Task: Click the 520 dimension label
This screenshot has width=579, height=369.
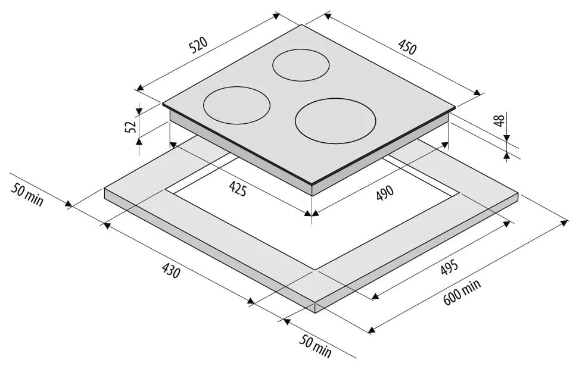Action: [198, 45]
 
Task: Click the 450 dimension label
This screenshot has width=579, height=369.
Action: [407, 46]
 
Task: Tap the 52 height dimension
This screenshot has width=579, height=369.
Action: [131, 126]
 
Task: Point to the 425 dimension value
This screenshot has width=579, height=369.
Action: [238, 189]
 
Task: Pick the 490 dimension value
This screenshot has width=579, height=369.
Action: [385, 193]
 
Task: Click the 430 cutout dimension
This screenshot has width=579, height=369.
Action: [171, 270]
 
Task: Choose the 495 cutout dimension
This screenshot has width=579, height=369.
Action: [449, 268]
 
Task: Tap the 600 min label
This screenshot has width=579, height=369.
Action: [462, 292]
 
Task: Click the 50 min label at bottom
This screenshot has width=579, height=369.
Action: [315, 346]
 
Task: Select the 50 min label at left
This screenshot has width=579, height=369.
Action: [27, 194]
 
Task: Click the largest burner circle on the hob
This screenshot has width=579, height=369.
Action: [335, 121]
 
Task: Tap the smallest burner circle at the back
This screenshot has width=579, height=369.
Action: [301, 65]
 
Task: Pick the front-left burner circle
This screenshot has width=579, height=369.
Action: [236, 105]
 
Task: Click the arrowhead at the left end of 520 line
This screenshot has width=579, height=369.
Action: [139, 88]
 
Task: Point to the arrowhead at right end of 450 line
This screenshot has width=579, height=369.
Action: [478, 93]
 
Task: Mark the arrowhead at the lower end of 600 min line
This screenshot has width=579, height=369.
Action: [372, 329]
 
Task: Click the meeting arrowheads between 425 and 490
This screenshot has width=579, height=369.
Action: [312, 213]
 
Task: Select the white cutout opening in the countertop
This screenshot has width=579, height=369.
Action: [313, 212]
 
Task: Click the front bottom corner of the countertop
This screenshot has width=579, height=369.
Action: [315, 313]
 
